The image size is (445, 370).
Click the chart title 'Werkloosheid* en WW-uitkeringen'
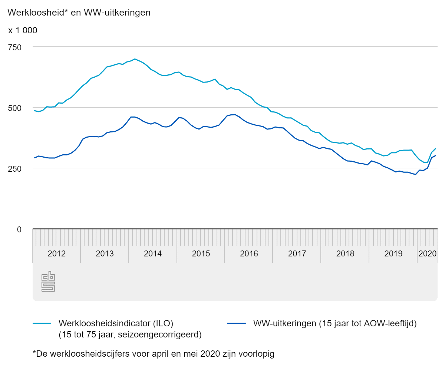click(x=79, y=12)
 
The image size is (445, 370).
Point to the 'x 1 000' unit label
click(x=23, y=30)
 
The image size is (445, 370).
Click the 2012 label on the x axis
click(x=57, y=254)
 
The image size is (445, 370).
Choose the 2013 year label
click(x=105, y=254)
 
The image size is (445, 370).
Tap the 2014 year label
click(x=153, y=254)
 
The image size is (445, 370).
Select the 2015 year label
click(x=201, y=254)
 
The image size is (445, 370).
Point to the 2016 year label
click(x=249, y=254)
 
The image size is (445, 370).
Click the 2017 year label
click(x=297, y=254)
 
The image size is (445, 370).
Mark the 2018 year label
click(x=345, y=254)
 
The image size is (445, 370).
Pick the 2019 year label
click(x=393, y=254)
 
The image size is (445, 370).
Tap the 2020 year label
click(x=427, y=254)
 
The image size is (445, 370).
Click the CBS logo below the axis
click(x=48, y=282)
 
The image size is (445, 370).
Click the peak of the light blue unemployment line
click(x=135, y=59)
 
